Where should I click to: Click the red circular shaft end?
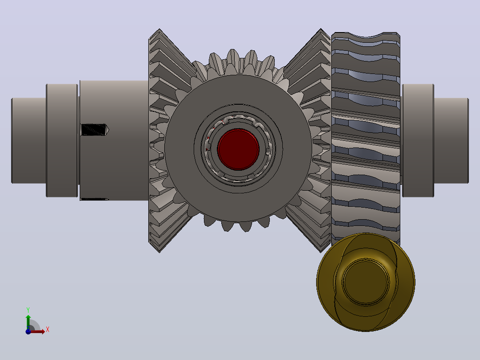239,149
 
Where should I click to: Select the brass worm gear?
366,282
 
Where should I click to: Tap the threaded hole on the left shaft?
94,130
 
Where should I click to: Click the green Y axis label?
28,310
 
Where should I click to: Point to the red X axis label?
48,330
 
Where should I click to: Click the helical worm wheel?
366,135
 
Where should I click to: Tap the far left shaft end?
29,141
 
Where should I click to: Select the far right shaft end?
451,141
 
